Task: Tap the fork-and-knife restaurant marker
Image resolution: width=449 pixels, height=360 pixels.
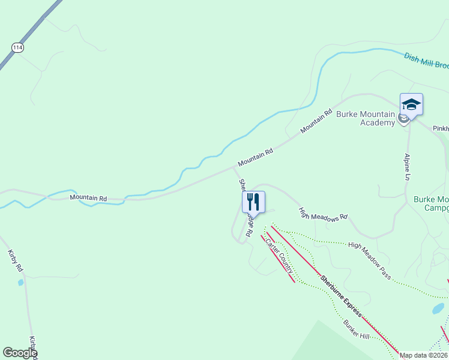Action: [x=253, y=202]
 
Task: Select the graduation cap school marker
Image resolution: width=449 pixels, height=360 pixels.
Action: [x=411, y=104]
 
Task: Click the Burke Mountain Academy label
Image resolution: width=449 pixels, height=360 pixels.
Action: [x=365, y=118]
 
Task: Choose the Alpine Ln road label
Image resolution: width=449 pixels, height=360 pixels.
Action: [x=407, y=167]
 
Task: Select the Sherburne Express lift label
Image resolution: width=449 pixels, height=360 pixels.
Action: [x=340, y=296]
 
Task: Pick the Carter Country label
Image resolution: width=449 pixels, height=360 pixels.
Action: [x=279, y=259]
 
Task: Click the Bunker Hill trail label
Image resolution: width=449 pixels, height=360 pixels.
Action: [x=356, y=329]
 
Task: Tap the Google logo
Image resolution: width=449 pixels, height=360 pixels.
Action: [x=20, y=353]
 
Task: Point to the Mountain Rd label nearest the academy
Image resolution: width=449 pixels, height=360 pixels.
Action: [x=316, y=121]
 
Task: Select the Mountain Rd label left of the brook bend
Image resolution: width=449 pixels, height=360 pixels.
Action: [x=88, y=197]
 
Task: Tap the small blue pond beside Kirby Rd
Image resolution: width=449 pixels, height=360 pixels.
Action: [x=20, y=282]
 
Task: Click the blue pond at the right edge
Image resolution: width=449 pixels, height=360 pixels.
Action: [x=438, y=309]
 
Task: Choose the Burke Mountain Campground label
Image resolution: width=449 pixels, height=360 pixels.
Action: [x=431, y=203]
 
